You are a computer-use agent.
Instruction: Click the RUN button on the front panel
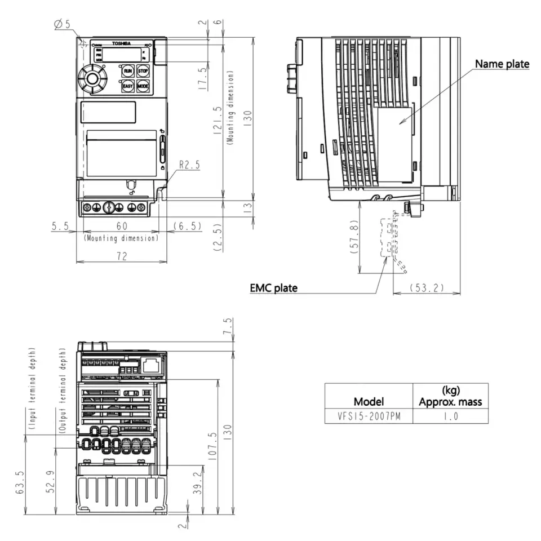pos(128,71)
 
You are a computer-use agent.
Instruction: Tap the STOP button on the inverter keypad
pos(143,71)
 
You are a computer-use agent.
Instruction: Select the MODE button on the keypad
pos(143,86)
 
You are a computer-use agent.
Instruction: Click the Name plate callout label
pos(502,64)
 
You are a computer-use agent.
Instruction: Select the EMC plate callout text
pos(273,288)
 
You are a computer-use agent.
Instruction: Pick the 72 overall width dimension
pos(121,256)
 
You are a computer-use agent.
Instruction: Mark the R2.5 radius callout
pos(189,165)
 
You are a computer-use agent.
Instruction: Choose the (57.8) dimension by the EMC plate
pos(353,237)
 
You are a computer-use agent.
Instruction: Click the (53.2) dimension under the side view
pos(427,288)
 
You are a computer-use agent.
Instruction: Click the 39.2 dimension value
pos(196,483)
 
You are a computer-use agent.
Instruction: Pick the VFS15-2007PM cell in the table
pos(369,416)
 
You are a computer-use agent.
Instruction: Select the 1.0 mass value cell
pos(450,416)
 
